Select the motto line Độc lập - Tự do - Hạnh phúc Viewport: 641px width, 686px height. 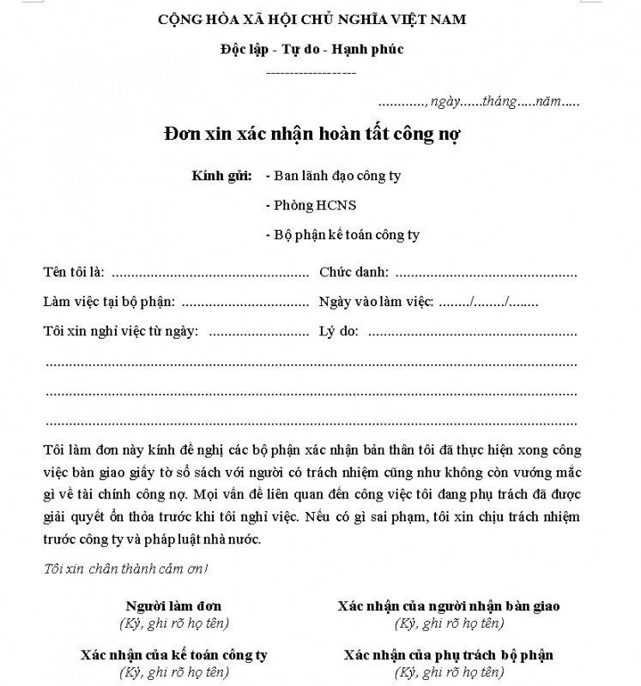point(311,49)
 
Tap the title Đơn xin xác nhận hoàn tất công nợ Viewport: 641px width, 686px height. point(312,134)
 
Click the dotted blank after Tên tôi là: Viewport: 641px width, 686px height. point(209,274)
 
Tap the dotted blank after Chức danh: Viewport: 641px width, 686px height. point(486,274)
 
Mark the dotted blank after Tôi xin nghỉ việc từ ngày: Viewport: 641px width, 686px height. point(257,332)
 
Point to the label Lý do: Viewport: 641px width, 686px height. point(338,331)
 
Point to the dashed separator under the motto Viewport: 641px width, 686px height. point(311,74)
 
